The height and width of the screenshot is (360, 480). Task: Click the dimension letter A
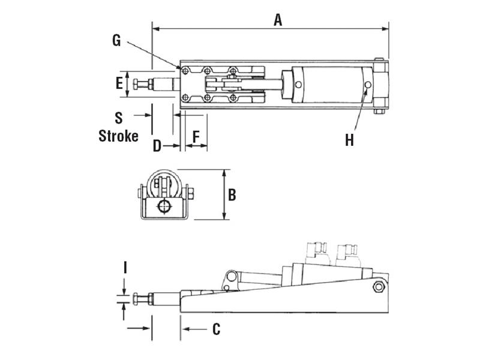277,19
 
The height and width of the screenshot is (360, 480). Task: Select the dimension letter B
232,194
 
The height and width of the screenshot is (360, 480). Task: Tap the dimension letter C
216,329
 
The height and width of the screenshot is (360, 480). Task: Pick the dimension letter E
119,83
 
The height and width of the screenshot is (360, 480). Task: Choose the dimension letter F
196,137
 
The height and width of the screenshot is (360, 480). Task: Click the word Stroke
118,136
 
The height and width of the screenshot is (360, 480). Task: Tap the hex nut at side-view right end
379,287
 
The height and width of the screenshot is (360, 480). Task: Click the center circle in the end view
163,207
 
